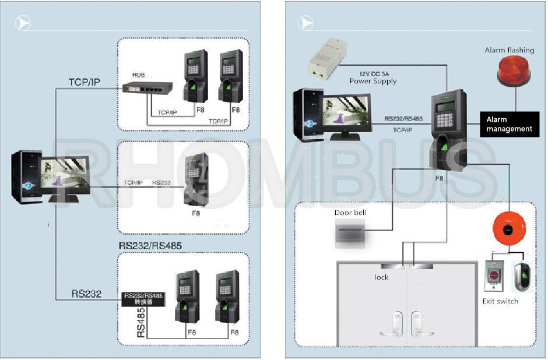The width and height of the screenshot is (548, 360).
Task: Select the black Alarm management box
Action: tap(509, 124)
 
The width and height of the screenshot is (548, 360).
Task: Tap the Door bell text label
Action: tap(350, 213)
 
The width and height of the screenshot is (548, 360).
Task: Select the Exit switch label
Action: tap(500, 301)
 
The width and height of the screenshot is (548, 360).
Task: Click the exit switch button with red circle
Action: tap(494, 274)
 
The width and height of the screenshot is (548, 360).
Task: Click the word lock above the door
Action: tap(381, 277)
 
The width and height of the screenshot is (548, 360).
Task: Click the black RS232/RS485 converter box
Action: tap(143, 299)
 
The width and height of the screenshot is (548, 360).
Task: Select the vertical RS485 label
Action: tap(141, 323)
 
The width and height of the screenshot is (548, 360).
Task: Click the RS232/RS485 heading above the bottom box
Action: tap(150, 246)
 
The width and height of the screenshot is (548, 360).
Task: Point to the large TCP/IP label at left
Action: tap(85, 82)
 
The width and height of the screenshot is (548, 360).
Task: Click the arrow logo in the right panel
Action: tap(305, 23)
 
